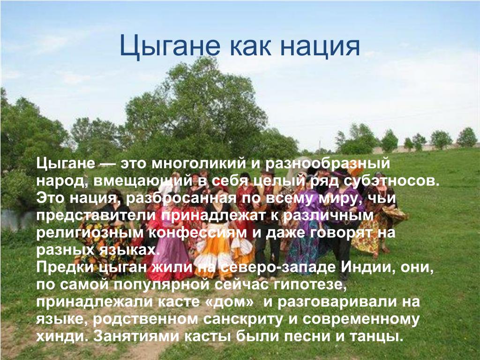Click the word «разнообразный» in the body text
[327, 164]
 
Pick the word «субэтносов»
[391, 181]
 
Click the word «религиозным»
[90, 233]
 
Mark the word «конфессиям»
[198, 233]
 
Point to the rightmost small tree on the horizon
[467, 137]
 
